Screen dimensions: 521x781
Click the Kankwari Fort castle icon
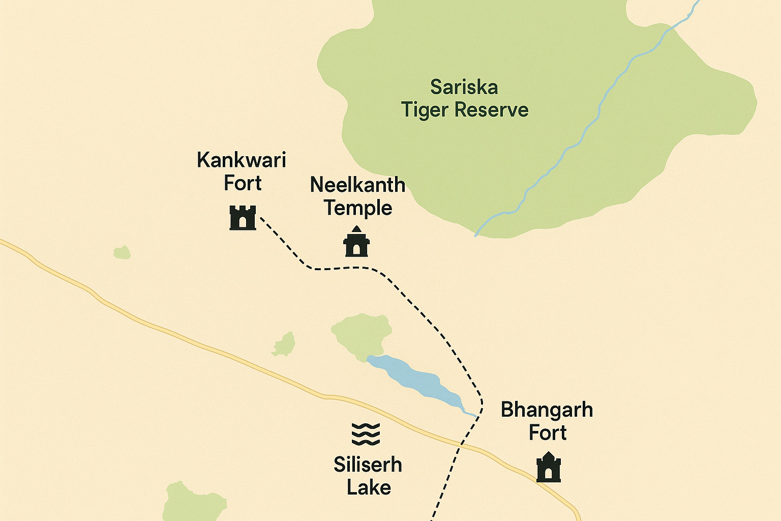[x=243, y=218]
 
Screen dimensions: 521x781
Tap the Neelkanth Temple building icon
[x=356, y=242]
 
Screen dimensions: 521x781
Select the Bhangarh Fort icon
[x=548, y=467]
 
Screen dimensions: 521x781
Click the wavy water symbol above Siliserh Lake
[x=366, y=433]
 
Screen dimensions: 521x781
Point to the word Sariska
[x=464, y=87]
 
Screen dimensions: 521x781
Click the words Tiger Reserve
[x=465, y=110]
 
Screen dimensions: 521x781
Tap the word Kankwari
[x=241, y=160]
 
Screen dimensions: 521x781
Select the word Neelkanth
[x=357, y=185]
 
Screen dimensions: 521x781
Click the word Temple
[x=358, y=208]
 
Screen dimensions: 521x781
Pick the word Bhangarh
[x=547, y=410]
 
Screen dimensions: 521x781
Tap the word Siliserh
[x=368, y=465]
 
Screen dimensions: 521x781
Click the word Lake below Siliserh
[x=369, y=487]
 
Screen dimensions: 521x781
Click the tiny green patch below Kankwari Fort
[x=122, y=252]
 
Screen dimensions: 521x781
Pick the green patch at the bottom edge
[x=193, y=504]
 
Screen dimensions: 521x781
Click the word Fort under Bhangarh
[x=547, y=432]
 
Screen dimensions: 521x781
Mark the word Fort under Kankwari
[x=243, y=183]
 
